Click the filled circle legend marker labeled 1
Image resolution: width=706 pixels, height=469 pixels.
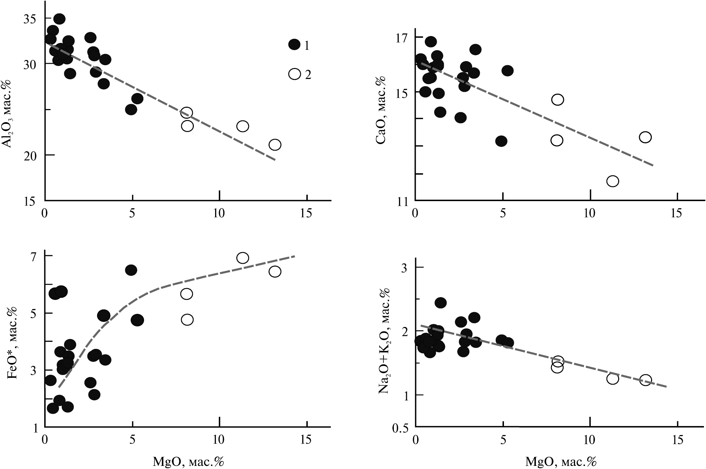tap(294, 44)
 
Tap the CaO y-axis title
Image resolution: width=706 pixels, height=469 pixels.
tap(381, 111)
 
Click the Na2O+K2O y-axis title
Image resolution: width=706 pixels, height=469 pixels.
tap(385, 341)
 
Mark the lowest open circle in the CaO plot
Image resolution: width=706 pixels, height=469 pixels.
tap(612, 181)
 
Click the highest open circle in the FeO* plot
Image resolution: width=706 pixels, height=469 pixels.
tap(243, 258)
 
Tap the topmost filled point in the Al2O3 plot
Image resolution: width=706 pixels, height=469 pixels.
tap(59, 19)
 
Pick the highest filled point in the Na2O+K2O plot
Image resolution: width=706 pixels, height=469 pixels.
tap(440, 303)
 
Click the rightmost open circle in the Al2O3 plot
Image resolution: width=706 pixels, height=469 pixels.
tap(275, 144)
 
